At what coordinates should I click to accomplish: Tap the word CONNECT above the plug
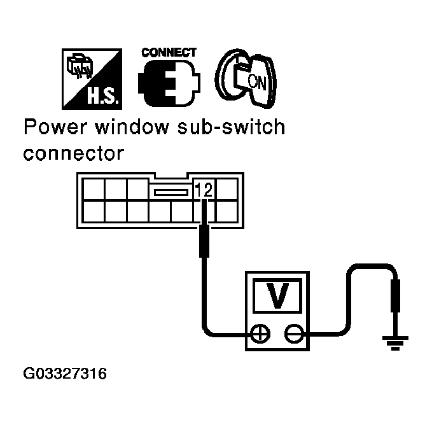pos(169,53)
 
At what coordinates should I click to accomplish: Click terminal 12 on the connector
pos(204,189)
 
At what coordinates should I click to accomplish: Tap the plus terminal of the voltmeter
pos(260,333)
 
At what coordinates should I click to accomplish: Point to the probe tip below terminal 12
pos(204,239)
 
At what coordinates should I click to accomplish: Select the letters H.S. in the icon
pos(99,97)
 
